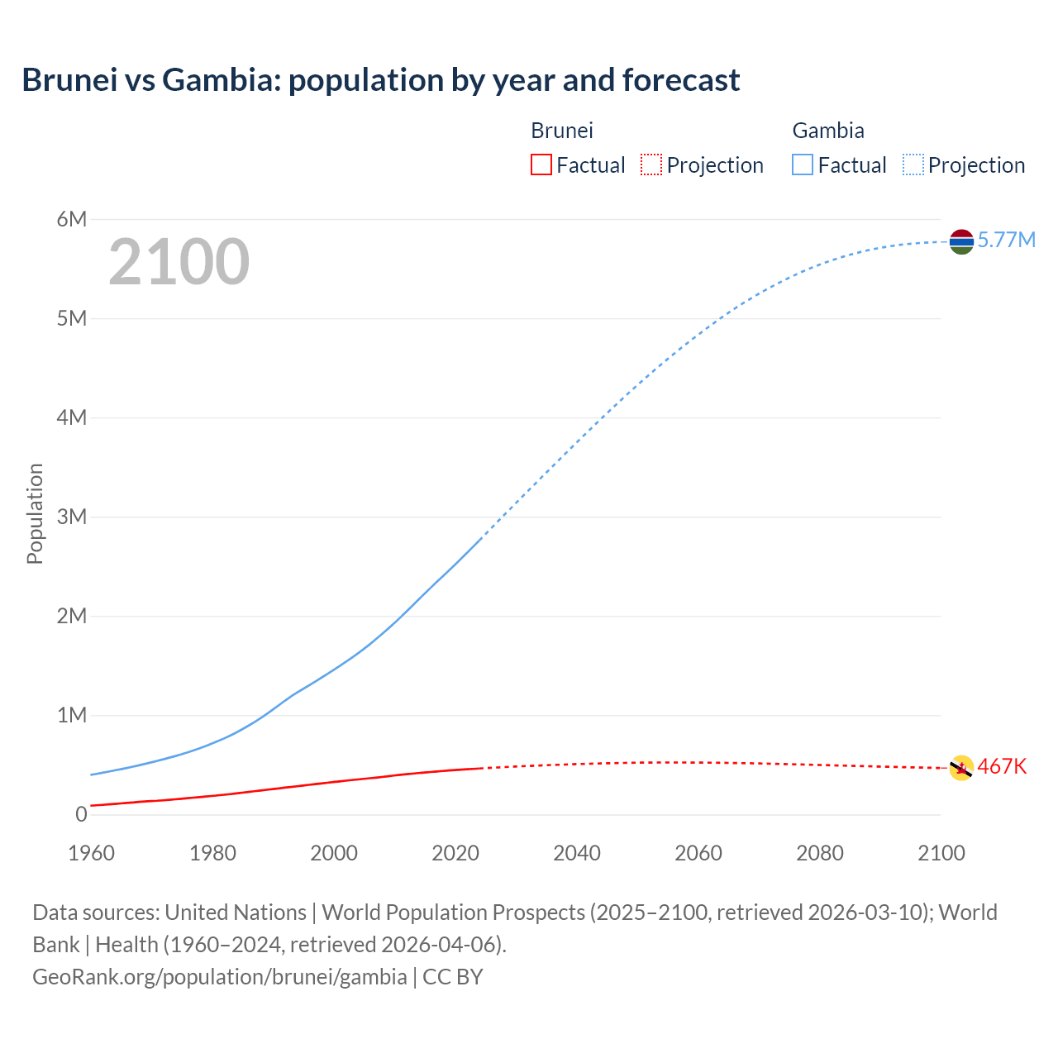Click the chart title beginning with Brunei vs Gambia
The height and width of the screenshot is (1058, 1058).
coord(380,80)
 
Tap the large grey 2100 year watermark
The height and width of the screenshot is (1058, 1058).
coord(179,262)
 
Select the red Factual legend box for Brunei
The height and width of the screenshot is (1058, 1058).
coord(541,165)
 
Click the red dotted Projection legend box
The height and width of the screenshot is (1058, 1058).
coord(651,165)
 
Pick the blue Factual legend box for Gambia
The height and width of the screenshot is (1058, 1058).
coord(802,165)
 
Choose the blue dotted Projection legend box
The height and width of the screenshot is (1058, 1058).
coord(913,165)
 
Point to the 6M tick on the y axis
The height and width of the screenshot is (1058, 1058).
coord(72,219)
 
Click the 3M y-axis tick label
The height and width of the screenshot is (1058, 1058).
coord(72,517)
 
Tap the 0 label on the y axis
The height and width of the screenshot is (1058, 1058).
coord(81,814)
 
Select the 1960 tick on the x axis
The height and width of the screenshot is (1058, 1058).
coord(91,853)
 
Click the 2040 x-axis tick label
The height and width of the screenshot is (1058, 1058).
coord(577,853)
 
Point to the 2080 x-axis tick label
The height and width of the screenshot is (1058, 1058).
coord(820,853)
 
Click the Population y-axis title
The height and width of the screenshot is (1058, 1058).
coord(35,513)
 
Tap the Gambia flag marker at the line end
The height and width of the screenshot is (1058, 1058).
coord(961,241)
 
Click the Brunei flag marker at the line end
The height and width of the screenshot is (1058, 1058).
coord(961,768)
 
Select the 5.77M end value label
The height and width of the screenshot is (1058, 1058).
coord(1006,241)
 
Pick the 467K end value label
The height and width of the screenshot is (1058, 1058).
coord(1002,767)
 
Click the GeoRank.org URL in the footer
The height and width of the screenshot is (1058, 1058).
coord(219,977)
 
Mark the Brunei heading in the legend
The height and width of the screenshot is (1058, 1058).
coord(562,131)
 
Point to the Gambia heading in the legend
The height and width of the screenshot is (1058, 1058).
coord(828,131)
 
